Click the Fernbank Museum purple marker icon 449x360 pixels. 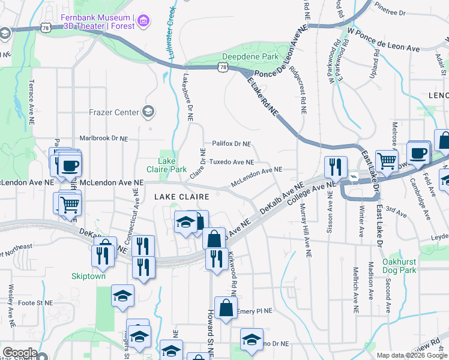click(x=143, y=22)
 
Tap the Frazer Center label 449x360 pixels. click(x=113, y=112)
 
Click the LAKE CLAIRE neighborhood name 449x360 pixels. click(x=181, y=197)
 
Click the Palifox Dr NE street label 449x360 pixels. click(x=231, y=144)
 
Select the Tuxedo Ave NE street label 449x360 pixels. click(x=231, y=162)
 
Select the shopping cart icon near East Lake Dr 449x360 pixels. click(x=387, y=160)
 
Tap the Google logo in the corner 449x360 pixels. click(x=19, y=353)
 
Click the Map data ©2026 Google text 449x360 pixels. click(x=412, y=355)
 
